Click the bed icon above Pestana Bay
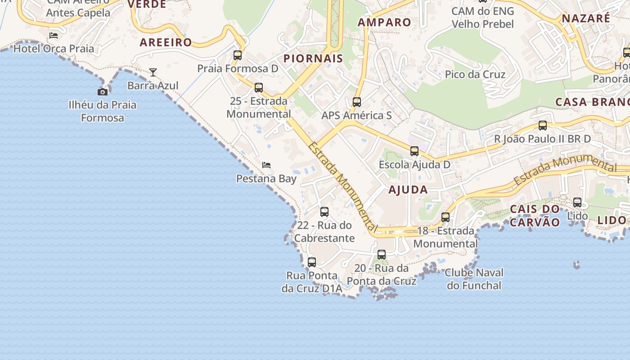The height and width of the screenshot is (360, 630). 266,165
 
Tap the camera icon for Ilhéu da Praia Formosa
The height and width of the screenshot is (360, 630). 103,92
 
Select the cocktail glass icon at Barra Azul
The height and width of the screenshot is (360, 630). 153,72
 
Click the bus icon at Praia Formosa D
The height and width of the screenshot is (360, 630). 238,55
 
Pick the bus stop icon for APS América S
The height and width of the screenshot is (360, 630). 357,102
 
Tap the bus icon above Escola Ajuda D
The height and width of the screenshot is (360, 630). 414,151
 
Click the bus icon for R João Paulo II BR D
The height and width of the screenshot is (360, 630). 543,126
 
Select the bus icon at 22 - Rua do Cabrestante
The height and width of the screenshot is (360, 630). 324,212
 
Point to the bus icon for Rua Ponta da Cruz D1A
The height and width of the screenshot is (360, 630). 312,262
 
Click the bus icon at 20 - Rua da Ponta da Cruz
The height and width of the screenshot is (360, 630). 382,255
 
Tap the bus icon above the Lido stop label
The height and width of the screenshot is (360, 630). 577,202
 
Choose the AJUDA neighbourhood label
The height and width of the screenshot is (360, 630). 408,190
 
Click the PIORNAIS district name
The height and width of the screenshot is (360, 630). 313,58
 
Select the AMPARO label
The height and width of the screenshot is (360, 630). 384,22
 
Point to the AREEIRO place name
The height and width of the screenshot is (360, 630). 166,43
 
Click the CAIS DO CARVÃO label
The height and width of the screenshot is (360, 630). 535,216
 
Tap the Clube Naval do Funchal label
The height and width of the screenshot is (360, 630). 474,279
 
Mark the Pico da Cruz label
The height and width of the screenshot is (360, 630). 475,74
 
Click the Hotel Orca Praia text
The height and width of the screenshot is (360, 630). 54,49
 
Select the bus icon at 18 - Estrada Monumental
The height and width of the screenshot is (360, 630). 445,217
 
